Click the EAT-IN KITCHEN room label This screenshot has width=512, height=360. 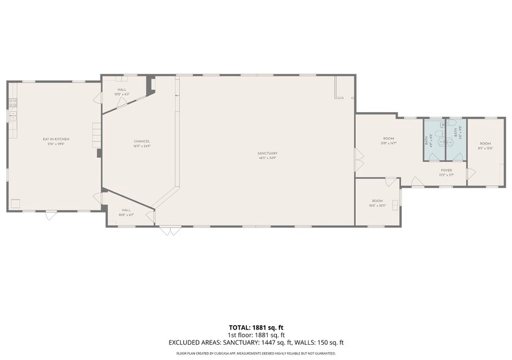tap(56, 139)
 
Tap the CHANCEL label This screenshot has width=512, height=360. tap(141, 141)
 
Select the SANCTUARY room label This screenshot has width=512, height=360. tap(268, 152)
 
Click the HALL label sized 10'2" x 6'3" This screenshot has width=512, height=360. tap(122, 89)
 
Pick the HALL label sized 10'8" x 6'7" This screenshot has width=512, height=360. tap(126, 210)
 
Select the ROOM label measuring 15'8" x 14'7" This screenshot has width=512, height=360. tap(389, 139)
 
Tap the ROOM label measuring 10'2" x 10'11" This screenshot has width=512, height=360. tap(377, 201)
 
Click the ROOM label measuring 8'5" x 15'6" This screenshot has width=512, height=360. tap(485, 143)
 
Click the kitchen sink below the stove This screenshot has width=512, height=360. tap(12, 116)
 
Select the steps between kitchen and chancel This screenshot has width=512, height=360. tap(96, 135)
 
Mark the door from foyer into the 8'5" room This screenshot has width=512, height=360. tap(470, 174)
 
